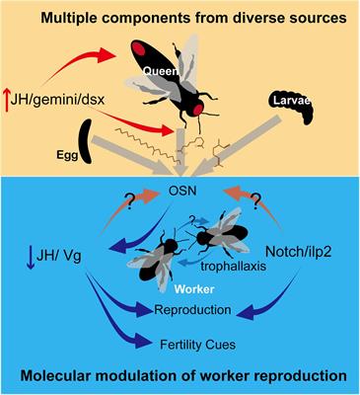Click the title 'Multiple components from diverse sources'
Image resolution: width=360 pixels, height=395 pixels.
[x=180, y=17]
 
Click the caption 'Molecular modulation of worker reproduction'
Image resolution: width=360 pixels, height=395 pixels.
[x=180, y=379]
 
